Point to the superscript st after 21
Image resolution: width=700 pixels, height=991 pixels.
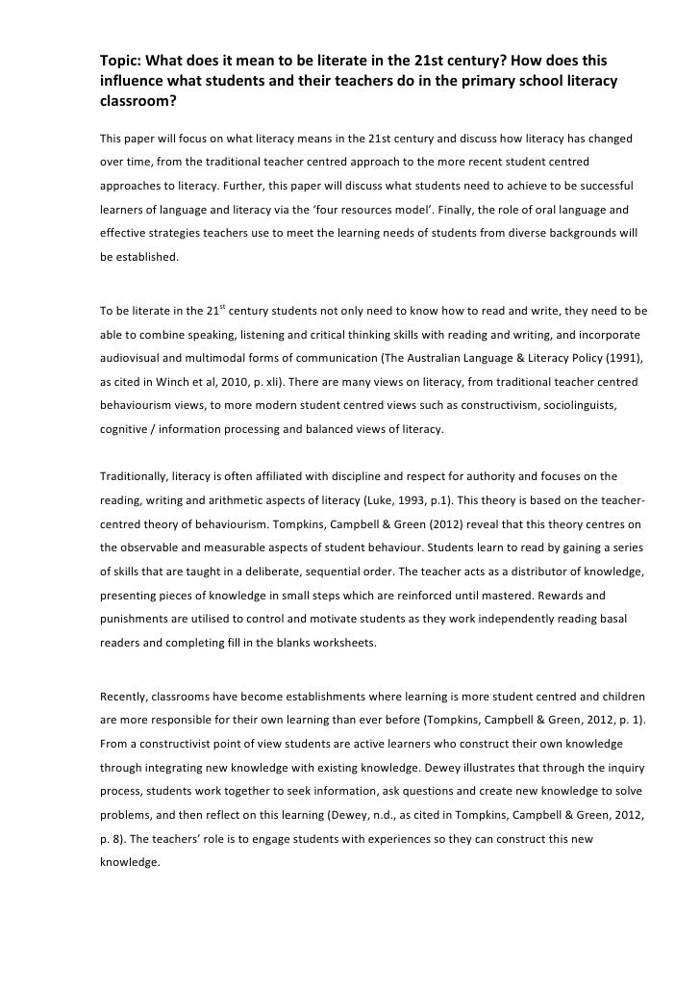click(x=223, y=308)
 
